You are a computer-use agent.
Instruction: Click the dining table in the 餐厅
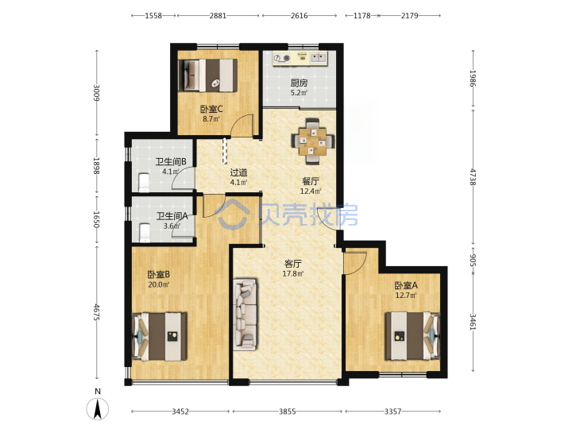click(x=313, y=141)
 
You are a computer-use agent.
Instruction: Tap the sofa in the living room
click(x=245, y=315)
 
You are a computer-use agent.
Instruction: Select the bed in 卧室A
click(x=412, y=336)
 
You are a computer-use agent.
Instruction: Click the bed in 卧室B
click(x=160, y=336)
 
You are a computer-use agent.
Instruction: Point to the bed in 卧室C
click(x=207, y=75)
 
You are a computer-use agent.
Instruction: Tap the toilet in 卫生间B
click(x=144, y=183)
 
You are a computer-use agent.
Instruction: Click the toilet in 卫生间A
click(x=144, y=232)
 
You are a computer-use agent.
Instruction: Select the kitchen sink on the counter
click(x=319, y=58)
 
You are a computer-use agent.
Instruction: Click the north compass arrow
click(x=98, y=408)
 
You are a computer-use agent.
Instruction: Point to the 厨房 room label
click(x=299, y=83)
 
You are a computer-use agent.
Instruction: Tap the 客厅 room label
click(x=293, y=264)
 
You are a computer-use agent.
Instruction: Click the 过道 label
click(x=239, y=172)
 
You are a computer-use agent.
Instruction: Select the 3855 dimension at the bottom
click(x=288, y=412)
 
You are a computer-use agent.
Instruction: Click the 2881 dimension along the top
click(x=218, y=16)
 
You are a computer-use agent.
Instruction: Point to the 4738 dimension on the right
click(x=473, y=176)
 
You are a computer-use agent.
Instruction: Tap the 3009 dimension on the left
click(x=96, y=93)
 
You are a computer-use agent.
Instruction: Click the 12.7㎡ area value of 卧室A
click(x=406, y=295)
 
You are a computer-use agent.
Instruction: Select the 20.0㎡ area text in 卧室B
click(x=159, y=284)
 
